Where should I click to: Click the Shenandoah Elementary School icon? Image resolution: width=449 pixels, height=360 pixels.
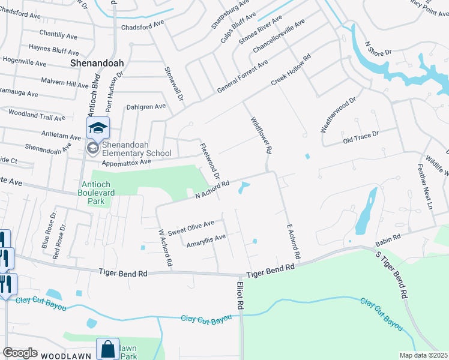coord(98,128)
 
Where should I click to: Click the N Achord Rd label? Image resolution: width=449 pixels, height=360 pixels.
coord(212,190)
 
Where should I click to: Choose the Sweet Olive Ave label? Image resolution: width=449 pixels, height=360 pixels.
coord(191,228)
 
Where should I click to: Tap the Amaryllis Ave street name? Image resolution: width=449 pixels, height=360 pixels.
coord(206,241)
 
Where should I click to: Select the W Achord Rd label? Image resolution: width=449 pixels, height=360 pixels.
coord(166,248)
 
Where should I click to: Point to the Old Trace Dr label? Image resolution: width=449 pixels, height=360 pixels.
coord(361,137)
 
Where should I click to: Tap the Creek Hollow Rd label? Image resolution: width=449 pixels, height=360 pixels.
coord(291,72)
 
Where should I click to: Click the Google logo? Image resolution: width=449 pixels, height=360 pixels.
coord(20,353)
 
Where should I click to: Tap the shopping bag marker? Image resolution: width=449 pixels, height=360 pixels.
coord(107,349)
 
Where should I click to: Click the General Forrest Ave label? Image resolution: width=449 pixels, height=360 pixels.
coord(243,77)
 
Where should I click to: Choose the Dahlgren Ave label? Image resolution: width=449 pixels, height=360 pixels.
coord(146,107)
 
